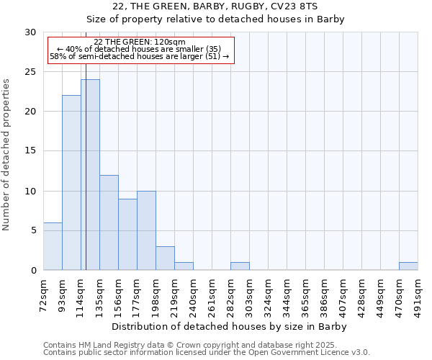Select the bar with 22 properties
(71, 183)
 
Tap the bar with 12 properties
(109, 222)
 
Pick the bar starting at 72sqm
(53, 246)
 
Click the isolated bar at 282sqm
(240, 266)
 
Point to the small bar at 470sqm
(408, 266)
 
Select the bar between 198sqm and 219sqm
(165, 258)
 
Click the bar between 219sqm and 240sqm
(184, 266)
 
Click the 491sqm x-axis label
(418, 294)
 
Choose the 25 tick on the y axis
(32, 72)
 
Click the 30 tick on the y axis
(32, 32)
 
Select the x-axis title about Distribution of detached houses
(230, 327)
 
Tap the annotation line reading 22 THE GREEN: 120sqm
(140, 42)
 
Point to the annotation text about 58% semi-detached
(140, 55)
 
